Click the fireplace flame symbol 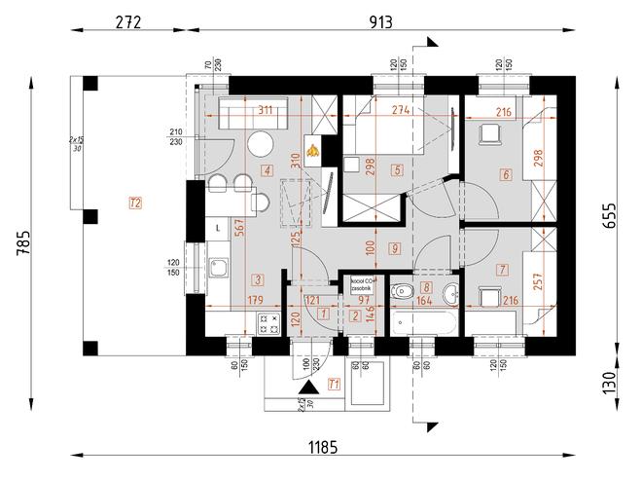tap(313, 150)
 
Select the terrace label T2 tap(134, 203)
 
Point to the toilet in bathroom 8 tap(403, 290)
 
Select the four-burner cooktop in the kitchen tap(267, 323)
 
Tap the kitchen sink tap(219, 265)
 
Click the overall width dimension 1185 tap(324, 448)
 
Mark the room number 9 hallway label tap(394, 248)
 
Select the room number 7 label tap(502, 269)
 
